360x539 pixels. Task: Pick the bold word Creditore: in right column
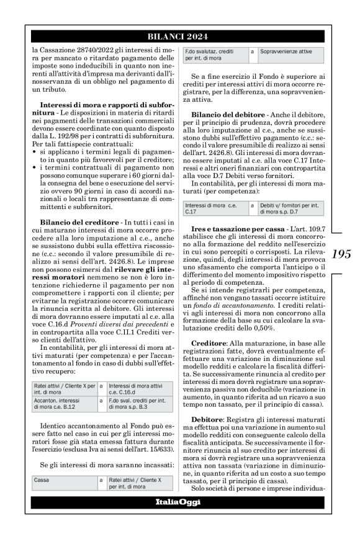(209, 342)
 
